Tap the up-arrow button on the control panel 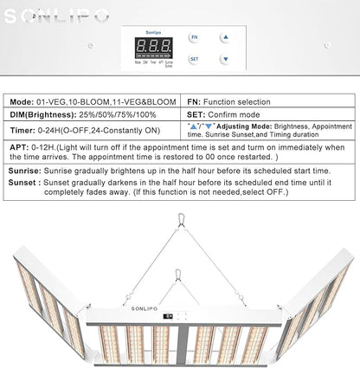[223, 37]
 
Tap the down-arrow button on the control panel [223, 60]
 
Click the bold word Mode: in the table [23, 101]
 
